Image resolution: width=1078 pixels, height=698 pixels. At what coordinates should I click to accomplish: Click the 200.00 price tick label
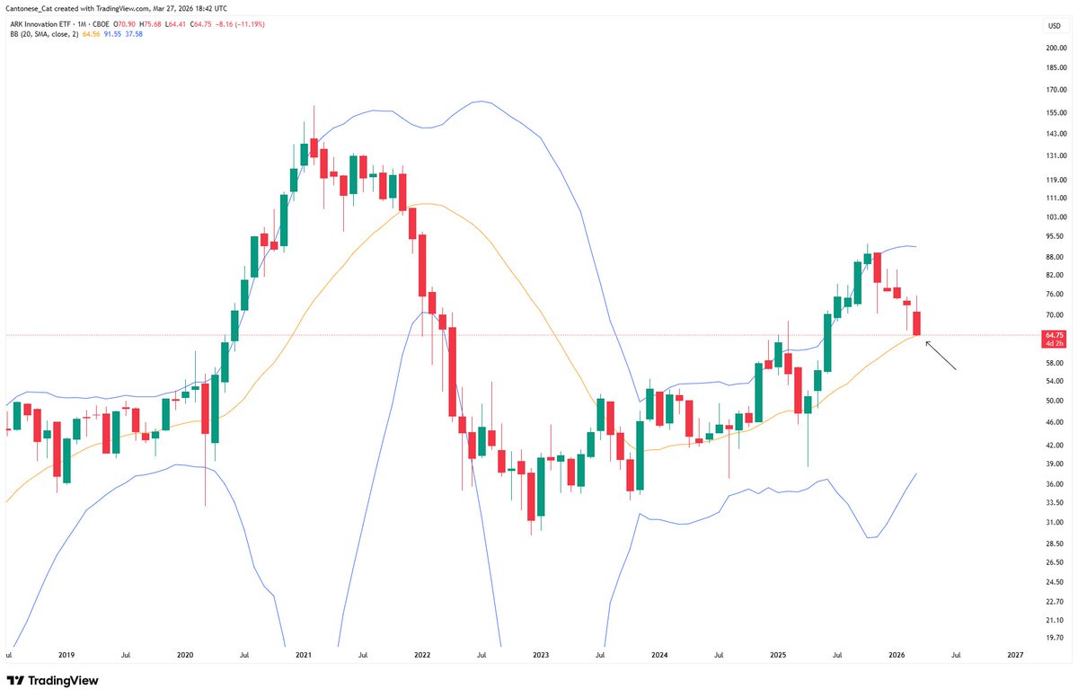[1055, 48]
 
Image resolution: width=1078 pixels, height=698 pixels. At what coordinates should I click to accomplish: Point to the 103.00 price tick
[1055, 217]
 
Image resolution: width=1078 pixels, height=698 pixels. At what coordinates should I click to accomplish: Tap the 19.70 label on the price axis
[1055, 638]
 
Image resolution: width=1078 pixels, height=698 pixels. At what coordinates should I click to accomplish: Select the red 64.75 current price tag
[1055, 334]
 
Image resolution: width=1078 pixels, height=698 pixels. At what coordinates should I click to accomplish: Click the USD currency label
[1054, 26]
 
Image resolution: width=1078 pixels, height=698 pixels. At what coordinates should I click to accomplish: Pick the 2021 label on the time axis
[303, 656]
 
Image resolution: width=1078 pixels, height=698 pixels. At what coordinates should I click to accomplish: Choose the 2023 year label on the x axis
[541, 656]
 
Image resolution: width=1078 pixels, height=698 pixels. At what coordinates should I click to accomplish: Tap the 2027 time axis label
[1015, 656]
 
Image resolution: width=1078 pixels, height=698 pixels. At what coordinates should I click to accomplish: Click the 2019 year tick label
[66, 656]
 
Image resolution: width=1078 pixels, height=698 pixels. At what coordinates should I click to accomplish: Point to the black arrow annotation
[941, 357]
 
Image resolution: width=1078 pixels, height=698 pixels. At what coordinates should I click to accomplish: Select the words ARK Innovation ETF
[37, 23]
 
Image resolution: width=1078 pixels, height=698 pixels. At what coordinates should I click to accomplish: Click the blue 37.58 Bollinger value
[133, 35]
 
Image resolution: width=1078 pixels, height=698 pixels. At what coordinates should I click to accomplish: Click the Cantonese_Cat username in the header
[29, 8]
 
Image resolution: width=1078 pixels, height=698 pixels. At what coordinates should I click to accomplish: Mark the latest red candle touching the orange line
[918, 323]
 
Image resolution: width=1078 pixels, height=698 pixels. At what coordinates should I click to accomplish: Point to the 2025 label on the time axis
[778, 656]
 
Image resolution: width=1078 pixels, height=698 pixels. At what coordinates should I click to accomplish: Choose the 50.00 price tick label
[1055, 401]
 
